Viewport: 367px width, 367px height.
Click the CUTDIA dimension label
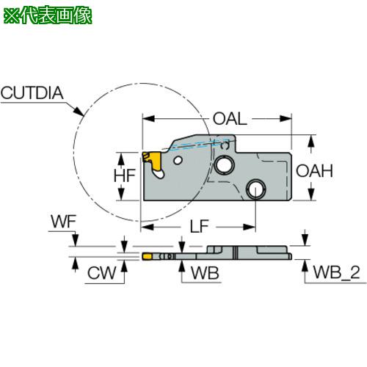(32, 93)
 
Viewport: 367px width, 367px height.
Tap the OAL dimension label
(230, 119)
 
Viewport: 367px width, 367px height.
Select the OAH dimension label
(314, 171)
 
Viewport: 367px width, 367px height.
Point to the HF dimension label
(125, 175)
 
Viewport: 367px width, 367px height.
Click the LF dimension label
(200, 226)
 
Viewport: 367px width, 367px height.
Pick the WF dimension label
(64, 222)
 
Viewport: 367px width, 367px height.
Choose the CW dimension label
(101, 273)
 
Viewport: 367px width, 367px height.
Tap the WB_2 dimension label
(336, 272)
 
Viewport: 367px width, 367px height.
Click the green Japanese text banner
(48, 16)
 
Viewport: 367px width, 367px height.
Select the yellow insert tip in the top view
(146, 256)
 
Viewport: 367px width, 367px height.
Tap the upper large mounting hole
(225, 164)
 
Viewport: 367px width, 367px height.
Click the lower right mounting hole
(256, 189)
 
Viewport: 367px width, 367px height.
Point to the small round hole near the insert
(178, 161)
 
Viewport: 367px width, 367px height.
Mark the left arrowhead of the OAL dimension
(149, 119)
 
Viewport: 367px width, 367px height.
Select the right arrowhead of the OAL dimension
(286, 119)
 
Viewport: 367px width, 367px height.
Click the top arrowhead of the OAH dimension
(311, 141)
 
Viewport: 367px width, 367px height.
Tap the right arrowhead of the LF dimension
(250, 227)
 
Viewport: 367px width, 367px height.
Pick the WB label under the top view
(205, 273)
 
